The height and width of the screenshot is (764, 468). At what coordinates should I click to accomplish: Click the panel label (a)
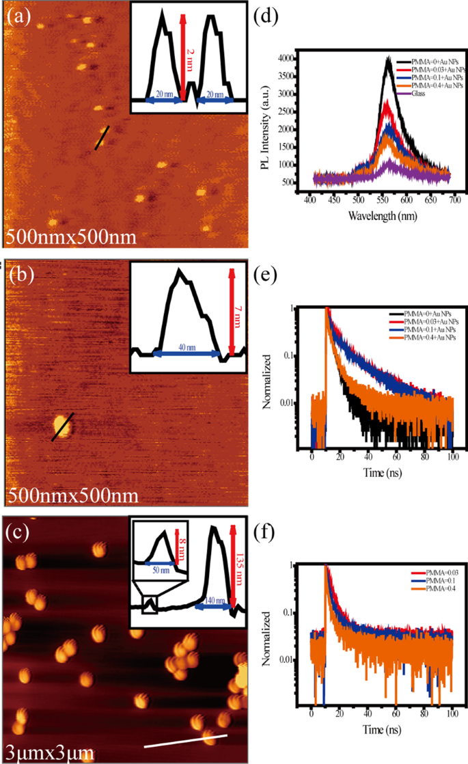coord(18,15)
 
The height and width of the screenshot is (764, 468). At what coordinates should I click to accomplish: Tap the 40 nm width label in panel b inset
coord(186,347)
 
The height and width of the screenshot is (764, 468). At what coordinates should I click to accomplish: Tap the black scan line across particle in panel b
coord(62,427)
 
